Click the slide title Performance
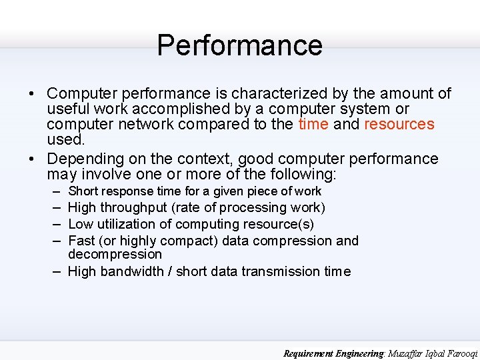[x=239, y=45]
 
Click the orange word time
[x=313, y=125]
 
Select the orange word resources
[x=399, y=125]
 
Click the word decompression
[x=115, y=255]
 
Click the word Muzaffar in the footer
[x=407, y=353]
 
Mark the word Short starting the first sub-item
[x=83, y=191]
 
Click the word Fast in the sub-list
[x=81, y=241]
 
